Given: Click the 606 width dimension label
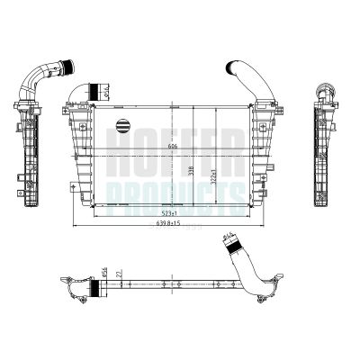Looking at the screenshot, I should [x=171, y=147].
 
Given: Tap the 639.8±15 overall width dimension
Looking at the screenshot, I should [x=168, y=223].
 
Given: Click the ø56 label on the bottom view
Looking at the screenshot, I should [x=104, y=271].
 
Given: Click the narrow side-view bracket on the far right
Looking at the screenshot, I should [x=321, y=144].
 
